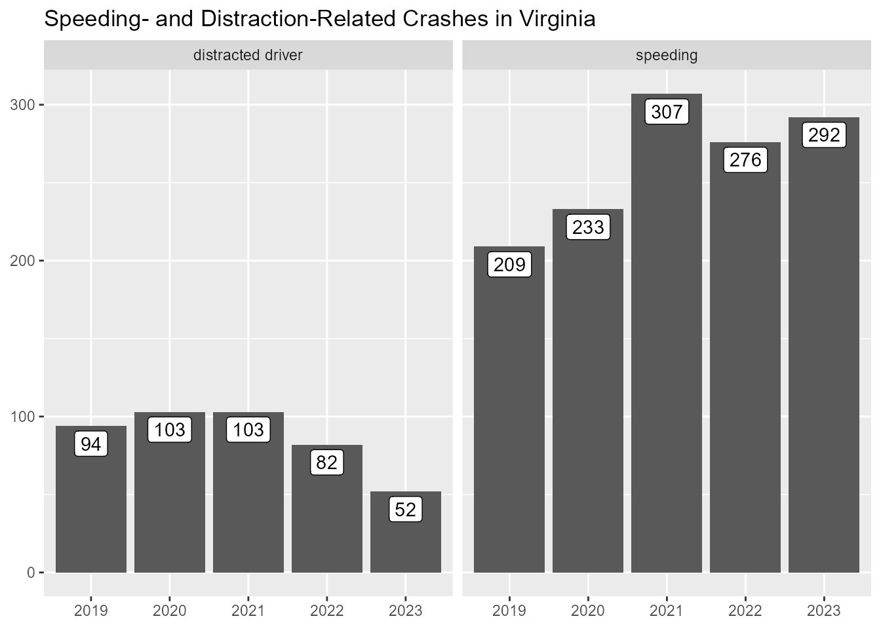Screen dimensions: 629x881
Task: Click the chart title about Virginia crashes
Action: click(319, 20)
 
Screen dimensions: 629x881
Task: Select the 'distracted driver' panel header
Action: click(248, 56)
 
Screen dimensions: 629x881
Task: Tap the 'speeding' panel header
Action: click(667, 56)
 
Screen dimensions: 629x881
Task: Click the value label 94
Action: click(91, 445)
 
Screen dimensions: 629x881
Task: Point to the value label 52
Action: click(406, 510)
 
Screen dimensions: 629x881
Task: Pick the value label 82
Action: click(326, 463)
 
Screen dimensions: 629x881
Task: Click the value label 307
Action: click(667, 113)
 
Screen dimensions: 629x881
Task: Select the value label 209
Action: click(509, 265)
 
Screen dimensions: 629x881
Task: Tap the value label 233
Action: click(588, 228)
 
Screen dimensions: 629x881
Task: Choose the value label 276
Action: click(745, 161)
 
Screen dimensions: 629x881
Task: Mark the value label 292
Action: click(824, 136)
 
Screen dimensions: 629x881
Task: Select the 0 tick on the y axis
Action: click(31, 573)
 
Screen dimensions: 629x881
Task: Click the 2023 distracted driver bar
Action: click(406, 544)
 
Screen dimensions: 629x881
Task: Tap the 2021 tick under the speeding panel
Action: click(667, 611)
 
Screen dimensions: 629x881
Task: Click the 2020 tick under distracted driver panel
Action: click(170, 611)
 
